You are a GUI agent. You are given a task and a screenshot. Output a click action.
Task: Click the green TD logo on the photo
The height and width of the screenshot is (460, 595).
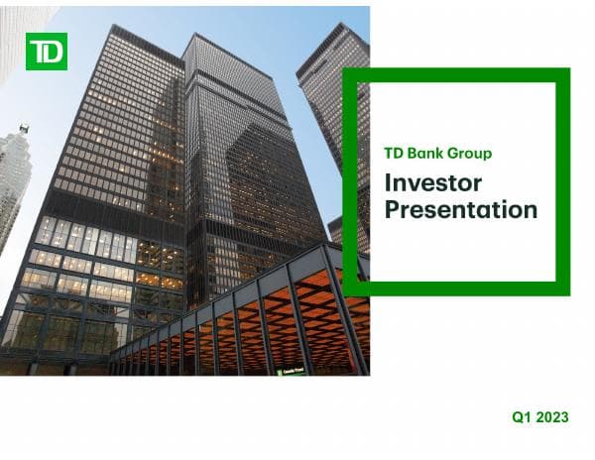(47, 51)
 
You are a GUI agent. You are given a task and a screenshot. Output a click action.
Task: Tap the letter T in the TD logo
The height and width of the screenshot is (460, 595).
(39, 51)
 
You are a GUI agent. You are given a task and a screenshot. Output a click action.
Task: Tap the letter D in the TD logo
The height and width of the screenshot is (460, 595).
(54, 51)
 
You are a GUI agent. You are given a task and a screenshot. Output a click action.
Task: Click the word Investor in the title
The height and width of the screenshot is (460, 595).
(432, 183)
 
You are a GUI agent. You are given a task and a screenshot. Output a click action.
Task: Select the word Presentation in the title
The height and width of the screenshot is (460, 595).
(460, 209)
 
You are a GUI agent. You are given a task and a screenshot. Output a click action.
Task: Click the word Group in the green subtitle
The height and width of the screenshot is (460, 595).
(469, 154)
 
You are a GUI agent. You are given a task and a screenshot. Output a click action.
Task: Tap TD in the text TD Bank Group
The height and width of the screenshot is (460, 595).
(394, 154)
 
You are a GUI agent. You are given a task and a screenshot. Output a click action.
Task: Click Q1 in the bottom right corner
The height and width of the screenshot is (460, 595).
(523, 418)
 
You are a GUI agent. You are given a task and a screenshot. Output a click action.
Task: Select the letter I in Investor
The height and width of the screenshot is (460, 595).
(388, 183)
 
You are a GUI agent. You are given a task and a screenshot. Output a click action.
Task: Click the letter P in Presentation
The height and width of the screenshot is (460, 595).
(393, 209)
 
